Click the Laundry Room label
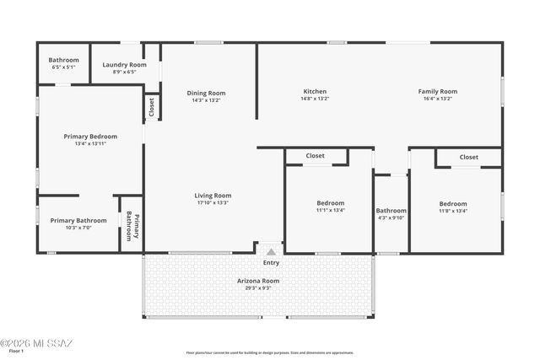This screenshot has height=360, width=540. tap(124, 65)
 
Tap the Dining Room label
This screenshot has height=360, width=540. tap(206, 93)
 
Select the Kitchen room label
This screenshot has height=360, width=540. tap(315, 91)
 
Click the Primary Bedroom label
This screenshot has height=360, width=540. tap(90, 136)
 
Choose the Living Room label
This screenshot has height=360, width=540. tap(213, 195)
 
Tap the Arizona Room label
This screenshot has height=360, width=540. tap(258, 281)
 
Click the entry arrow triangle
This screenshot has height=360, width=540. tap(271, 251)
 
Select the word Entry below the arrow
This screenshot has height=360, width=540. tap(271, 262)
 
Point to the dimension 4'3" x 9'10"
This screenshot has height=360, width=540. tap(391, 218)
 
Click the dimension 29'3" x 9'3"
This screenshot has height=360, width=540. tap(258, 287)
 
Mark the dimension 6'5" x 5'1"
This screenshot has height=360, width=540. tap(63, 67)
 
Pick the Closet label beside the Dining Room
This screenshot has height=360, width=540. tap(152, 106)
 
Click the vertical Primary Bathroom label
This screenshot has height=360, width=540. tap(131, 225)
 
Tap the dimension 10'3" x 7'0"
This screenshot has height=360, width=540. tap(78, 228)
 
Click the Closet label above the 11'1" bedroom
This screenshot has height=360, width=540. tap(315, 156)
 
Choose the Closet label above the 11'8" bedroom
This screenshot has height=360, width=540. tap(468, 157)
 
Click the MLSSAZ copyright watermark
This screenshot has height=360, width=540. tap(38, 342)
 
